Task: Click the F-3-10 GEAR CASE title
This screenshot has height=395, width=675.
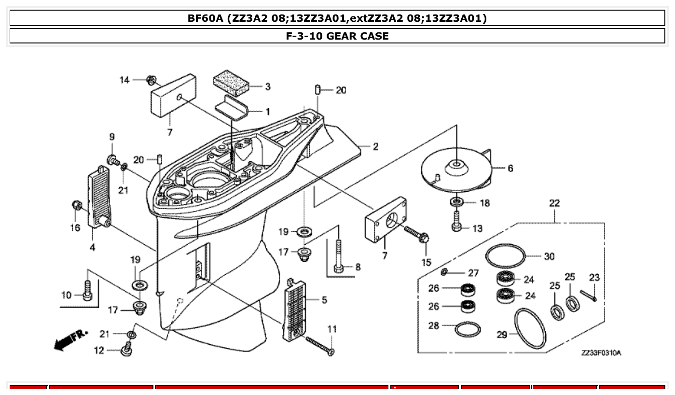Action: pyautogui.click(x=337, y=36)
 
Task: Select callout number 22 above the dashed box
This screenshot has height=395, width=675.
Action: pyautogui.click(x=554, y=203)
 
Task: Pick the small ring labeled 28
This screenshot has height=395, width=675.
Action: pyautogui.click(x=468, y=330)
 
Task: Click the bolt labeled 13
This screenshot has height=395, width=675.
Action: pyautogui.click(x=456, y=222)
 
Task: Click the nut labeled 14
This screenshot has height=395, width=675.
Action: pyautogui.click(x=150, y=80)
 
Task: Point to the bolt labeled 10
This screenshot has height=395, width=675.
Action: pyautogui.click(x=87, y=291)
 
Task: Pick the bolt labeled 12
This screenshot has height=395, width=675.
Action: pyautogui.click(x=126, y=349)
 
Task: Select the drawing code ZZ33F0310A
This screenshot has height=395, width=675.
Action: pyautogui.click(x=601, y=353)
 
